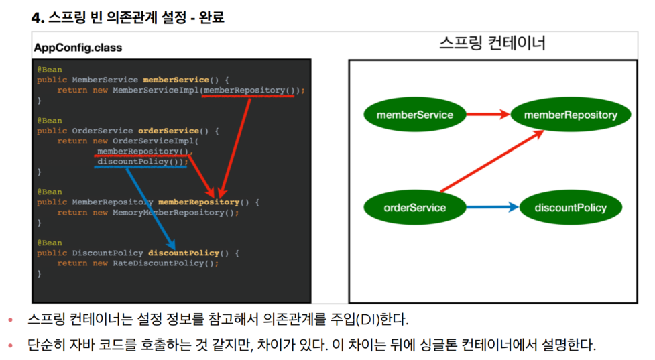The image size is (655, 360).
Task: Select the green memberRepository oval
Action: [571, 115]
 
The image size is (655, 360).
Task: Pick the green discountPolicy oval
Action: [571, 207]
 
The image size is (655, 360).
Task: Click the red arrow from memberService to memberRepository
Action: [487, 115]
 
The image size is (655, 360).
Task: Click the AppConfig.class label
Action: [78, 48]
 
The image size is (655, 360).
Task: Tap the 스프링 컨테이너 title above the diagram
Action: [492, 44]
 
